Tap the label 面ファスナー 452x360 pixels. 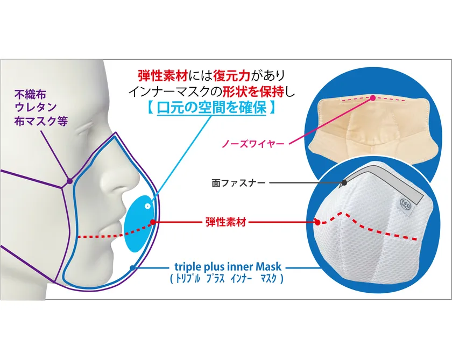click(x=238, y=183)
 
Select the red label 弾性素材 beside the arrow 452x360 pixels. click(x=225, y=222)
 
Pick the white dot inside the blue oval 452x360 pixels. click(x=147, y=205)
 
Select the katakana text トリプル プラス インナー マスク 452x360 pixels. click(x=227, y=279)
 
